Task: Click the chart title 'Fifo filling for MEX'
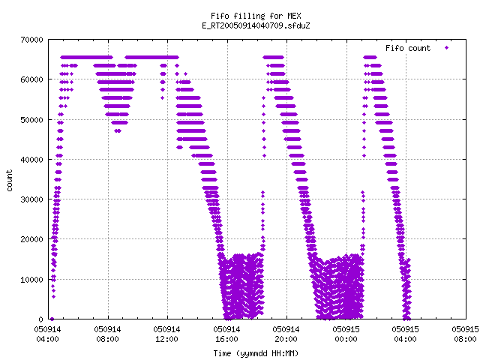point(256,16)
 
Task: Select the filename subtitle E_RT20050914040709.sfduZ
point(256,25)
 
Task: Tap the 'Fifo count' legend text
point(408,48)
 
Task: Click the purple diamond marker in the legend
point(447,48)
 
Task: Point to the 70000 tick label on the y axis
point(32,40)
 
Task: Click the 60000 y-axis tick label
point(32,79)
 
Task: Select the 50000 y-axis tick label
point(32,120)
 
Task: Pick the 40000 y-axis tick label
point(32,160)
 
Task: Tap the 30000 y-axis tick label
point(32,199)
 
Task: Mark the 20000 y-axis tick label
point(32,239)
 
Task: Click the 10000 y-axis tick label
point(32,280)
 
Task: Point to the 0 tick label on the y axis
point(41,319)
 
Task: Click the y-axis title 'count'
point(10,181)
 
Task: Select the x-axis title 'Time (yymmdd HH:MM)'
point(256,353)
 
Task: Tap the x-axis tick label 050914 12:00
point(166,334)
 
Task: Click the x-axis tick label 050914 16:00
point(226,334)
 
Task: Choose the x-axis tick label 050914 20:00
point(286,334)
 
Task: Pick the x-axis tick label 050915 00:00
point(346,334)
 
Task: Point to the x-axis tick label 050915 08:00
point(465,334)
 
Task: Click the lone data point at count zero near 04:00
point(52,319)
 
